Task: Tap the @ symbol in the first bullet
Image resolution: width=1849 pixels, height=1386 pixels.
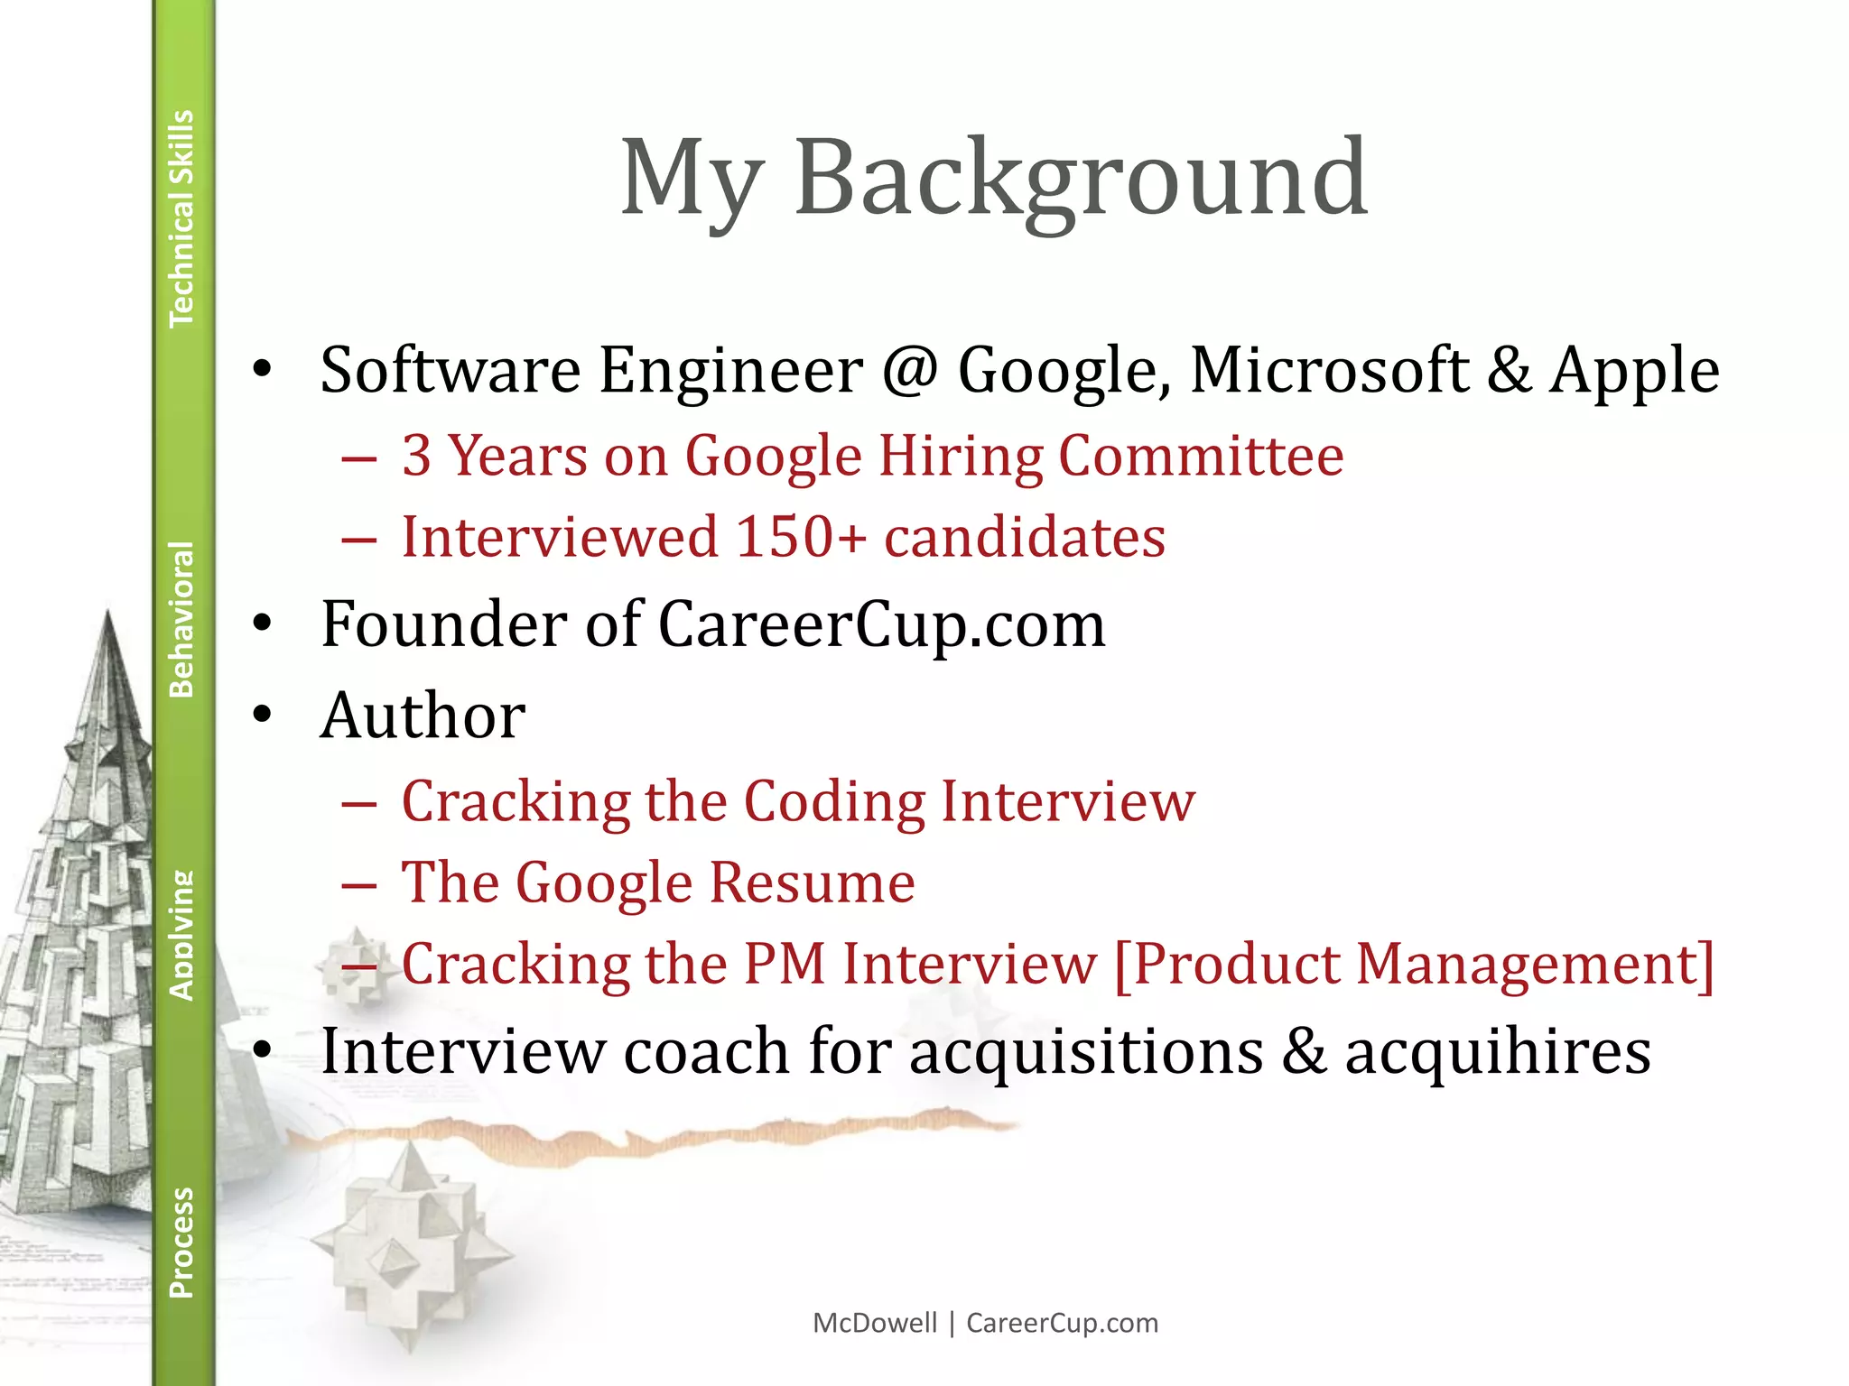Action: click(910, 369)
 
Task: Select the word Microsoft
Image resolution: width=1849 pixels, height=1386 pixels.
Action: click(1330, 369)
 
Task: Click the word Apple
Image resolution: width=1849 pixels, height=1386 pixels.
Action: click(1635, 371)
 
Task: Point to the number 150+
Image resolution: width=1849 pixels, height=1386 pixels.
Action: click(801, 537)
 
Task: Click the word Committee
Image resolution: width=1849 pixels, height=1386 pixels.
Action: click(1201, 456)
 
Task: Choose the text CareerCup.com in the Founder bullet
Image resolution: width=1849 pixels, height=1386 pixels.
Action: click(881, 624)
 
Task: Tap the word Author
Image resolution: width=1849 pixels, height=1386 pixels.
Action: click(423, 716)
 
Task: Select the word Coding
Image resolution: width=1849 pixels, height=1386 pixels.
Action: click(834, 801)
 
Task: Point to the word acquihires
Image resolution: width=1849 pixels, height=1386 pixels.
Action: click(1498, 1051)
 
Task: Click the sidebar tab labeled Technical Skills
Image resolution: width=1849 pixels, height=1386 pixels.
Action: click(182, 217)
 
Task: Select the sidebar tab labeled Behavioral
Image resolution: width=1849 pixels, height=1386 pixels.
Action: click(182, 619)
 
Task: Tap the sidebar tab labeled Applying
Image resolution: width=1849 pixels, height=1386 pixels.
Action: click(182, 935)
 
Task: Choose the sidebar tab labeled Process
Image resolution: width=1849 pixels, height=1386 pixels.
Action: click(182, 1242)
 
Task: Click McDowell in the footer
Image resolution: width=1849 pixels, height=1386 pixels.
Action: click(875, 1323)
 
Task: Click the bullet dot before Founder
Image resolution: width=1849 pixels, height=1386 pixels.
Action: click(263, 624)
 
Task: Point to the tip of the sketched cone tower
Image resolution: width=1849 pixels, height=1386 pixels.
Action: click(108, 614)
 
